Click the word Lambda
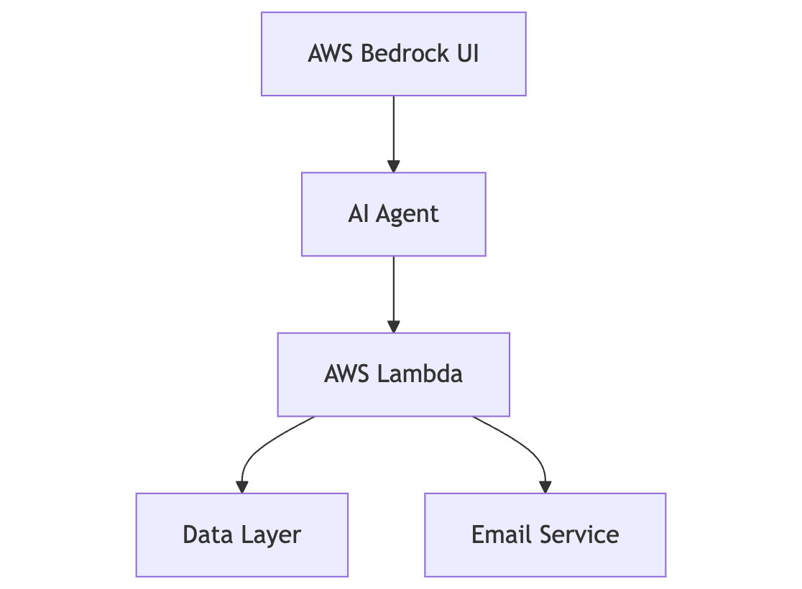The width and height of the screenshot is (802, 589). pyautogui.click(x=420, y=374)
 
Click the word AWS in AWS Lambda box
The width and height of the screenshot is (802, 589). pyautogui.click(x=347, y=374)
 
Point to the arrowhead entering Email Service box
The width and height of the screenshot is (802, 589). pyautogui.click(x=545, y=486)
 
